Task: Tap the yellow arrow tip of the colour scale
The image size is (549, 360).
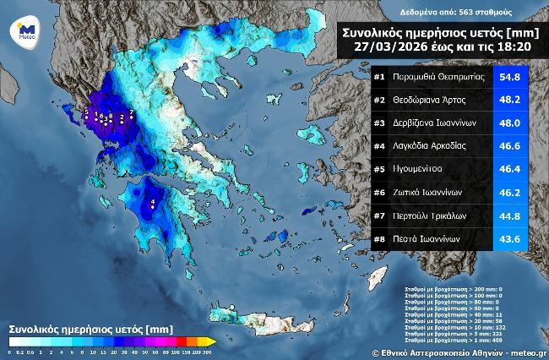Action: tap(214, 341)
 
